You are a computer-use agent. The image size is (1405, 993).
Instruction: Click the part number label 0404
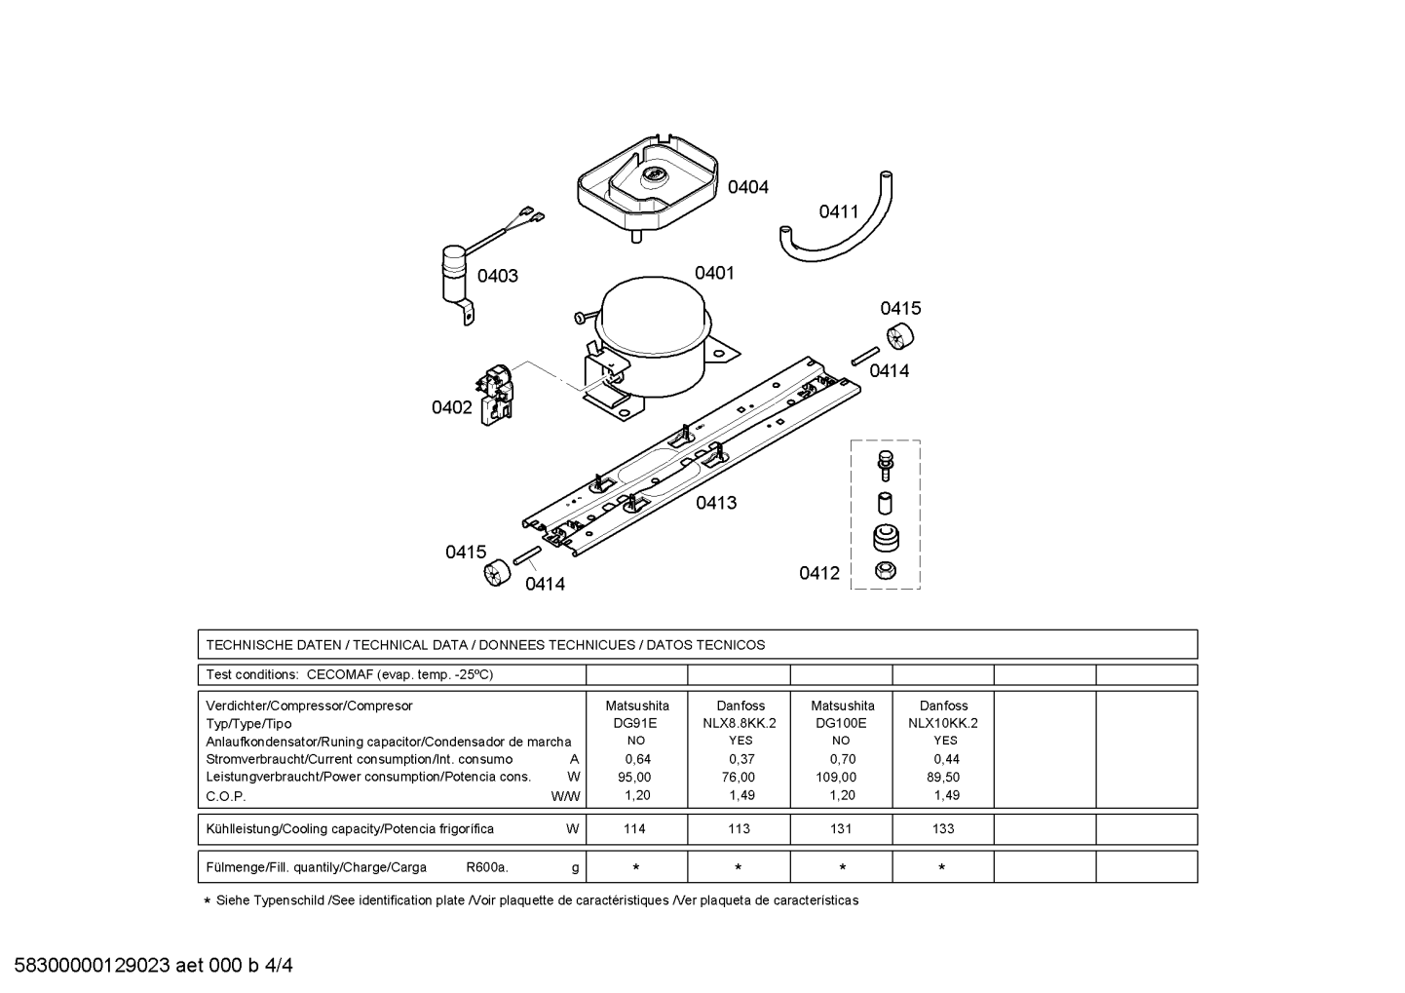(747, 187)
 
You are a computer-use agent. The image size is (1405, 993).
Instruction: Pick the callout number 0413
(715, 503)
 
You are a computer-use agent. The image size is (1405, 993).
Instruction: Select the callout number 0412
(818, 573)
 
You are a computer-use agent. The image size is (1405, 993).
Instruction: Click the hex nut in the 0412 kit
(885, 570)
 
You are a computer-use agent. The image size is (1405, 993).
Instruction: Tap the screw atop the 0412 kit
(885, 464)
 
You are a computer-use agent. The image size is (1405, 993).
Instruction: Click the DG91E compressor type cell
(636, 723)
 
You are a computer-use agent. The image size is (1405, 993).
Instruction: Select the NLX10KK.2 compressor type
(942, 723)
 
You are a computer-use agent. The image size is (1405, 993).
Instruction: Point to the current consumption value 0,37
(740, 759)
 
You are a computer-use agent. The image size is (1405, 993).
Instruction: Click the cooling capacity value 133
(942, 829)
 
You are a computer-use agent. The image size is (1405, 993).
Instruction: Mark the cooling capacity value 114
(634, 829)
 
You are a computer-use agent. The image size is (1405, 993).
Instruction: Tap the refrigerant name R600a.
(486, 867)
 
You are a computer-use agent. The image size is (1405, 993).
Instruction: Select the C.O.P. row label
(226, 795)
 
